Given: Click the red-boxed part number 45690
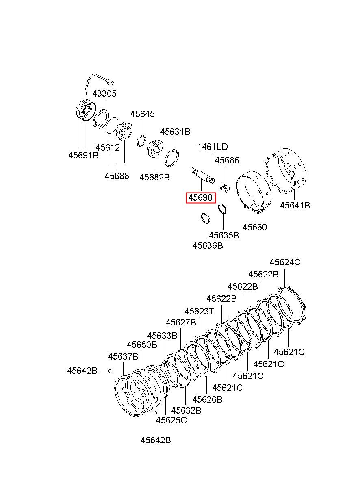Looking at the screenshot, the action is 200,198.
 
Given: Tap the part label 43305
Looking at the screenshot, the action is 104,93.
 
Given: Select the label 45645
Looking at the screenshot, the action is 143,114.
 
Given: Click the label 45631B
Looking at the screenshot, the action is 175,132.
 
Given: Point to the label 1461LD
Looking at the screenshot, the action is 213,147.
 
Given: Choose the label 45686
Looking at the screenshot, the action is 227,160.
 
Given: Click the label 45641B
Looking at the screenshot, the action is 295,205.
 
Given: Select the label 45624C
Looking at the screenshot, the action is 285,262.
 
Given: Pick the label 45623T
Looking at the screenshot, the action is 199,311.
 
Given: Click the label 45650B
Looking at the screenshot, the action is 142,345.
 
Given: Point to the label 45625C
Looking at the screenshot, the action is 171,420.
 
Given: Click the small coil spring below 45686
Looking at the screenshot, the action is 225,188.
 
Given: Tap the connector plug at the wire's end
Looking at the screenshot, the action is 110,82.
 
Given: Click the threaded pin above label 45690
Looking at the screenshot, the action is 202,176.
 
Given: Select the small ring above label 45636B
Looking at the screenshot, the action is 206,218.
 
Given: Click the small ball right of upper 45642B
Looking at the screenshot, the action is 110,371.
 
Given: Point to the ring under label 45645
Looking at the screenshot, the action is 141,141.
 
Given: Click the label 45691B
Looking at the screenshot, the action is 83,155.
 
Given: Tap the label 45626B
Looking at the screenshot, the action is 207,399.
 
